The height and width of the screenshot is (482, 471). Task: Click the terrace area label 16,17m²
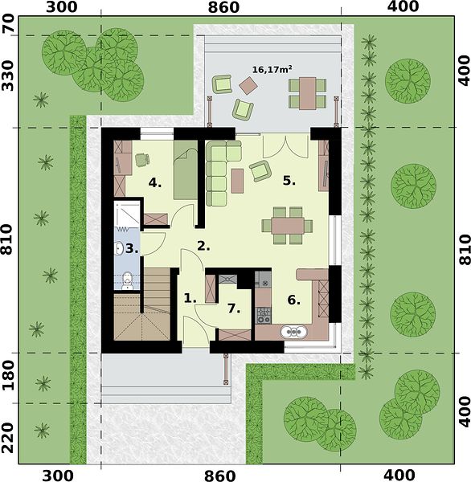pyautogui.click(x=272, y=69)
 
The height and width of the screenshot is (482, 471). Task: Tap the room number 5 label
pyautogui.click(x=289, y=181)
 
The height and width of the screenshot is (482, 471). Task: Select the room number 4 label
pyautogui.click(x=155, y=183)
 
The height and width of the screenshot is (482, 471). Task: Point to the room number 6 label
pyautogui.click(x=293, y=300)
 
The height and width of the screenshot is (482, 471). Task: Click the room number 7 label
pyautogui.click(x=234, y=308)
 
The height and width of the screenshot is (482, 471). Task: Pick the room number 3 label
pyautogui.click(x=132, y=248)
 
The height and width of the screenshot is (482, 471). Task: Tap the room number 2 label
pyautogui.click(x=203, y=246)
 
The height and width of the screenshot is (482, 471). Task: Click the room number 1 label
pyautogui.click(x=190, y=298)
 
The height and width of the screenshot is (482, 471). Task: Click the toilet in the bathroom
pyautogui.click(x=127, y=281)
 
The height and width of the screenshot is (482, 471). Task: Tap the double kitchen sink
pyautogui.click(x=293, y=332)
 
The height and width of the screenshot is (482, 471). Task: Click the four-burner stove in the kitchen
pyautogui.click(x=264, y=315)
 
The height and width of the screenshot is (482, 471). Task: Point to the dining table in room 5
pyautogui.click(x=288, y=226)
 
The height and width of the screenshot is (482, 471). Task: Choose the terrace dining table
pyautogui.click(x=308, y=93)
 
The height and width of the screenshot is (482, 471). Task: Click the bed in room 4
pyautogui.click(x=185, y=170)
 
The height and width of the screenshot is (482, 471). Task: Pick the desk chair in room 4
pyautogui.click(x=142, y=160)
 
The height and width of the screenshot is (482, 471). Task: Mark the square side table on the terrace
pyautogui.click(x=248, y=86)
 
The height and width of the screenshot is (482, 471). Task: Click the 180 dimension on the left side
pyautogui.click(x=7, y=375)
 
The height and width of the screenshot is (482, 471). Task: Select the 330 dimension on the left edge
pyautogui.click(x=7, y=76)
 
